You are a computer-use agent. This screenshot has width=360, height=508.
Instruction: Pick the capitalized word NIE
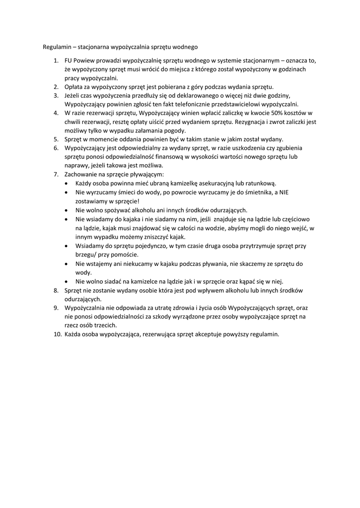284,192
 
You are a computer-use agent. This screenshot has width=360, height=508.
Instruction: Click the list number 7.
56,175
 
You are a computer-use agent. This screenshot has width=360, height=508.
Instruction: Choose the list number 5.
56,139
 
